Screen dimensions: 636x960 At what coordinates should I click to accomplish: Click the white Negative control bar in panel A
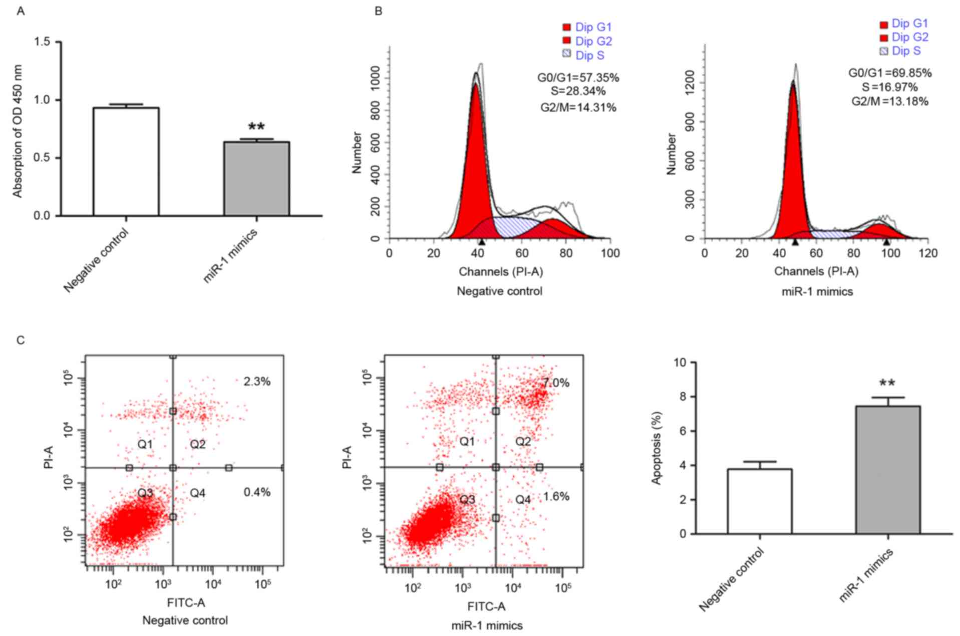point(126,162)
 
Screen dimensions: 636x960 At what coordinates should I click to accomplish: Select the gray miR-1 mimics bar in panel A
point(256,179)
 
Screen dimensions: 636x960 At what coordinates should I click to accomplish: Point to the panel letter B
point(379,11)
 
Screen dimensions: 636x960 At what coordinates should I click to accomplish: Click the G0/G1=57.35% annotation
point(578,78)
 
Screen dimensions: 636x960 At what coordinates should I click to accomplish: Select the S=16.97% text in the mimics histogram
point(890,87)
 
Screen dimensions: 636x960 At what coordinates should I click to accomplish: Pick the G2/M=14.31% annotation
point(578,107)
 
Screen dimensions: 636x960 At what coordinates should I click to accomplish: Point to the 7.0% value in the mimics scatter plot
point(555,383)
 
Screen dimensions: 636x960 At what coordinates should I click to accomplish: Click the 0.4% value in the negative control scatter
point(257,492)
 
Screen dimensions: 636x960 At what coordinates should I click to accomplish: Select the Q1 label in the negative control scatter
point(145,444)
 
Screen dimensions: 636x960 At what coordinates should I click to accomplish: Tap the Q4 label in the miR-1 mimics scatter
point(523,499)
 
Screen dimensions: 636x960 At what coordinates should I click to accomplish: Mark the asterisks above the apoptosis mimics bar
point(887,384)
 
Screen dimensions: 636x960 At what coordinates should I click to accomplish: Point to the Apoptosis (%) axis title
point(657,448)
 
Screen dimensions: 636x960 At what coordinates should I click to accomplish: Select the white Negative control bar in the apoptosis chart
point(759,501)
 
